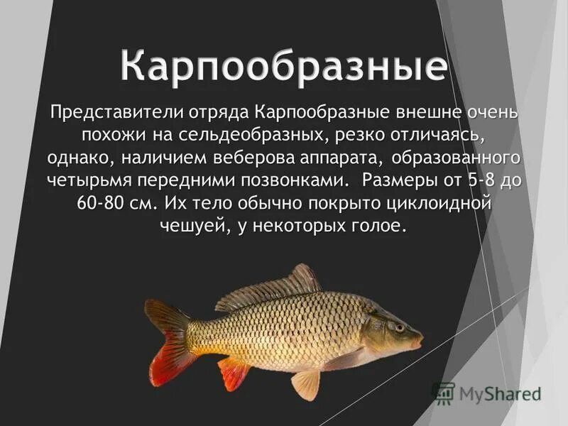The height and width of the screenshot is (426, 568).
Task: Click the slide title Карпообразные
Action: click(x=284, y=66)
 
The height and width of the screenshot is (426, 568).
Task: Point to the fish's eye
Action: click(x=399, y=327)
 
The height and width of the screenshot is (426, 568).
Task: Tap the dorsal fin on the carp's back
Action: click(x=273, y=284)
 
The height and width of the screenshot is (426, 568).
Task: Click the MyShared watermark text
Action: click(x=497, y=393)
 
